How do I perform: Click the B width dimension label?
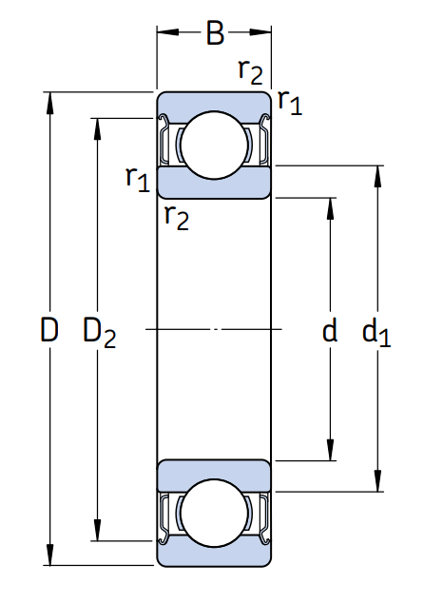point(215,33)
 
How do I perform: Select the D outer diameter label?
point(49,330)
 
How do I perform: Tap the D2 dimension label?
point(99,333)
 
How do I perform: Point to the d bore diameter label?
point(330,330)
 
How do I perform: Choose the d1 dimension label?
point(376,332)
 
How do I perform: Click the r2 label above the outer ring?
point(251,71)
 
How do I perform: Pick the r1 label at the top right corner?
point(290,102)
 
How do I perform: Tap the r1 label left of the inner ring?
point(138,179)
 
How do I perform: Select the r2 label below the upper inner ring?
point(177,218)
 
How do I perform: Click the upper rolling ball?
point(214,145)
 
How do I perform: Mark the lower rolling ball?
point(214,513)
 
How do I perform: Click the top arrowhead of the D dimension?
point(49,104)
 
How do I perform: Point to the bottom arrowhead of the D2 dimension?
point(97,530)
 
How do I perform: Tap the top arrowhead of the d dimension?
point(330,209)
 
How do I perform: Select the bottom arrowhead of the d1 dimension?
point(377,480)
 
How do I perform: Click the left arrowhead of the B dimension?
point(168,32)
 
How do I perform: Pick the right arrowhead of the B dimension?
point(260,32)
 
